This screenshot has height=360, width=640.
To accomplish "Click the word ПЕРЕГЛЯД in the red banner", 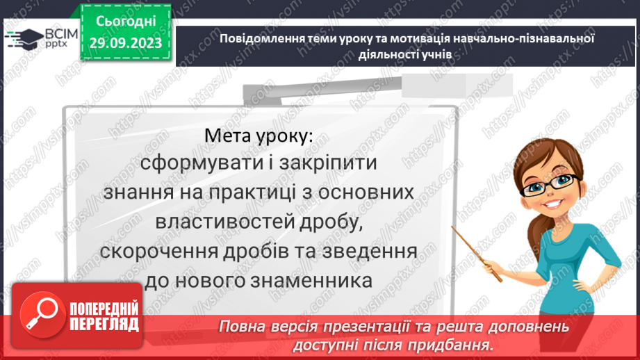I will click(104, 325).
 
